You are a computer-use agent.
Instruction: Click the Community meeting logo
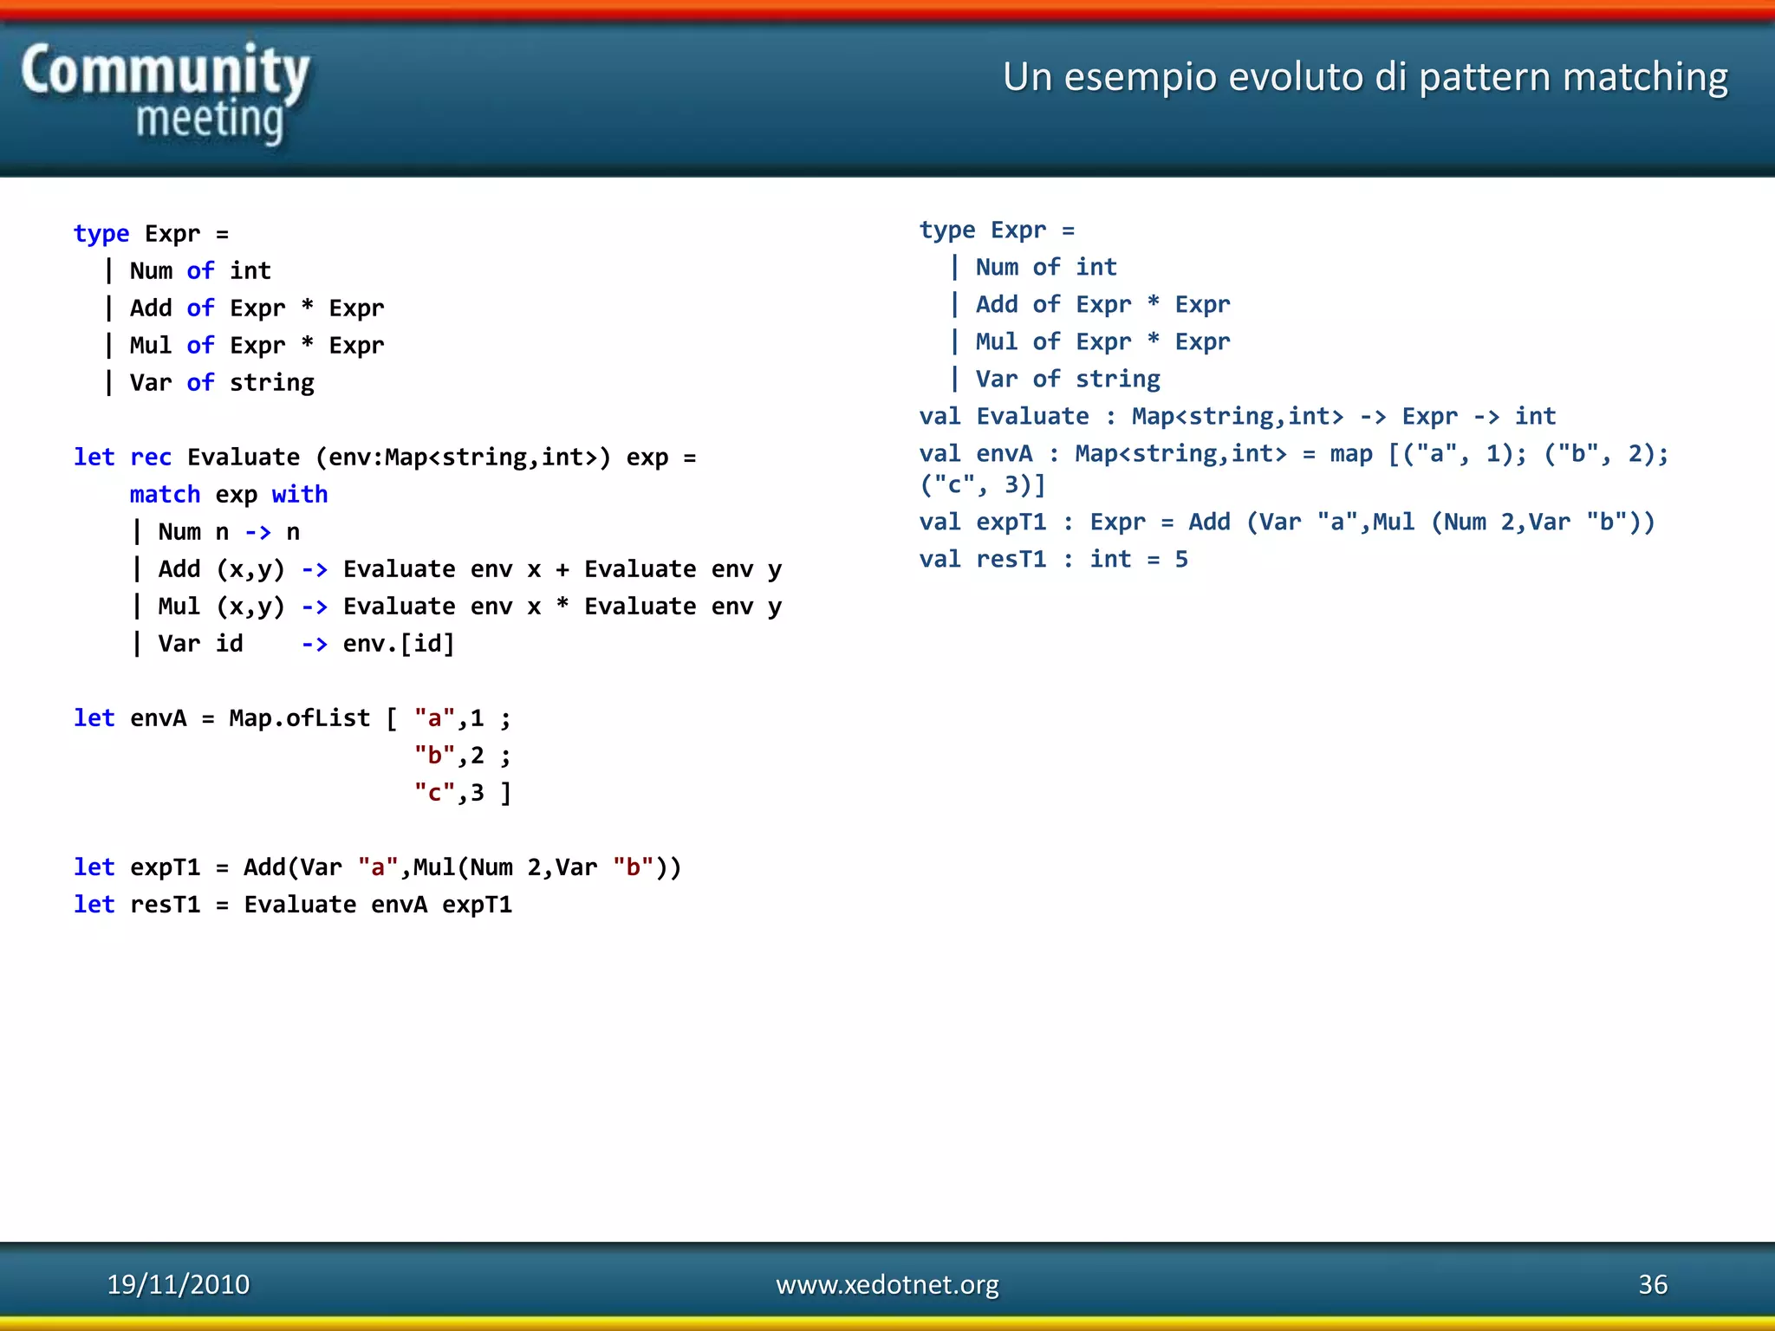coord(165,94)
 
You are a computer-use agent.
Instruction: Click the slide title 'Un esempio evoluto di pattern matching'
coord(1365,76)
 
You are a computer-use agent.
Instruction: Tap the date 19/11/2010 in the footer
coord(178,1284)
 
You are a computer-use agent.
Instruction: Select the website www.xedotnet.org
coord(887,1284)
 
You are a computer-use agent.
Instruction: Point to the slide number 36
coord(1652,1284)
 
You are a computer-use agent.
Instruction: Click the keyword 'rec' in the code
coord(151,457)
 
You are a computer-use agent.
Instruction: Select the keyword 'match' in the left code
coord(165,494)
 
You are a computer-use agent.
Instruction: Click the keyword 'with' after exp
coord(299,494)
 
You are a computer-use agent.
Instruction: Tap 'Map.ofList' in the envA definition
coord(299,717)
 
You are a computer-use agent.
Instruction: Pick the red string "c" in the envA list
coord(434,792)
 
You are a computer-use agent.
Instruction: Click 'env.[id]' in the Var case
coord(399,643)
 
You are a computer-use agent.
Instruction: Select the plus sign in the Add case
coord(562,568)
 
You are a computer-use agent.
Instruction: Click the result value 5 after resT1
coord(1181,559)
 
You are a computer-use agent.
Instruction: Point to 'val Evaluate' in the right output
coord(1004,416)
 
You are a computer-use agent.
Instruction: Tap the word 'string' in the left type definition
coord(271,382)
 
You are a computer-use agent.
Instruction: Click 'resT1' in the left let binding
coord(165,904)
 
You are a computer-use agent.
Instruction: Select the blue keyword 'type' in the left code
coord(101,233)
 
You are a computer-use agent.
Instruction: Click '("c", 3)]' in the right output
coord(983,484)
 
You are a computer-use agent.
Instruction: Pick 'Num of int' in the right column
coord(1045,267)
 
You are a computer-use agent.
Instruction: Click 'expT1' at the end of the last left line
coord(477,904)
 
